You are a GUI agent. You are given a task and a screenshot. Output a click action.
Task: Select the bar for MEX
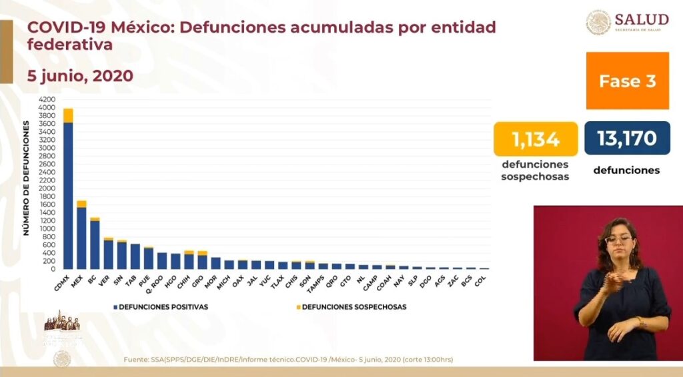pyautogui.click(x=81, y=237)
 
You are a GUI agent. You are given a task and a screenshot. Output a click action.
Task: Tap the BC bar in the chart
pyautogui.click(x=95, y=244)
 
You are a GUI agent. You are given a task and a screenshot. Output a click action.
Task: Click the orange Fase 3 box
pyautogui.click(x=627, y=81)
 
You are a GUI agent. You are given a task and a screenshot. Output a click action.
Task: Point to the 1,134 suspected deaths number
pyautogui.click(x=536, y=139)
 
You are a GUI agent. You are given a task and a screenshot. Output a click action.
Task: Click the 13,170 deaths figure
pyautogui.click(x=627, y=139)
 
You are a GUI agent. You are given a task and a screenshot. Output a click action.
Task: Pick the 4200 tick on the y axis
pyautogui.click(x=47, y=100)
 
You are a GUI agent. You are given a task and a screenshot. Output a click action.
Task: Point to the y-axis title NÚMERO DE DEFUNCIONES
pyautogui.click(x=27, y=179)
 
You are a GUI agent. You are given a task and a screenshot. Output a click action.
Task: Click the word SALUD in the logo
pyautogui.click(x=642, y=19)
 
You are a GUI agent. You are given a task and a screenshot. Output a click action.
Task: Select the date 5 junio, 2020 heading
pyautogui.click(x=80, y=76)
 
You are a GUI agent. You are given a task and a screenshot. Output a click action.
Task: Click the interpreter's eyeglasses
pyautogui.click(x=619, y=239)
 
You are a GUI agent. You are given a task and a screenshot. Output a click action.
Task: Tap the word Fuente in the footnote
pyautogui.click(x=136, y=360)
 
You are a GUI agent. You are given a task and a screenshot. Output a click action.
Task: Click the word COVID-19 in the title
pyautogui.click(x=67, y=28)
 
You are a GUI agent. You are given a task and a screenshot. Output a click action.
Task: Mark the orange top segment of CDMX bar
pyautogui.click(x=68, y=115)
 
